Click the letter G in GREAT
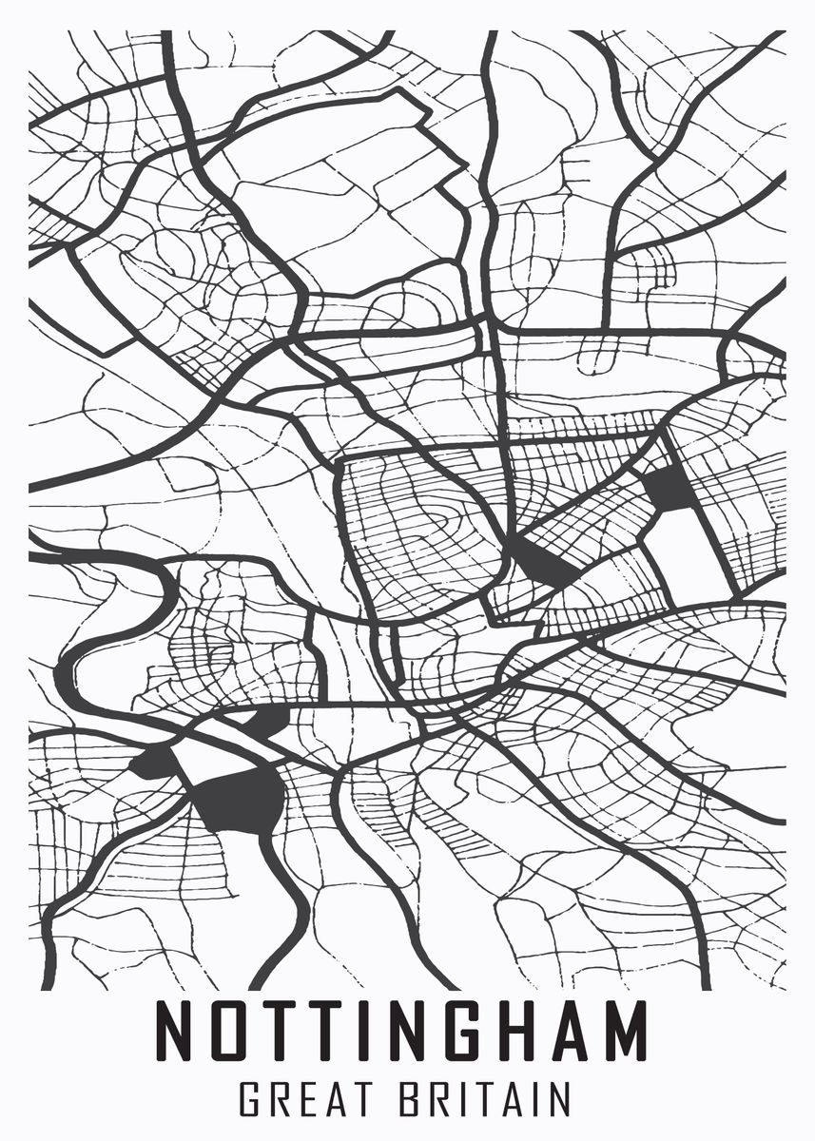coord(250,1100)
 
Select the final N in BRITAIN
coord(558,1100)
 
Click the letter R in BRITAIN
coord(439,1100)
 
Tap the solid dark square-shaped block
coord(669,488)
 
